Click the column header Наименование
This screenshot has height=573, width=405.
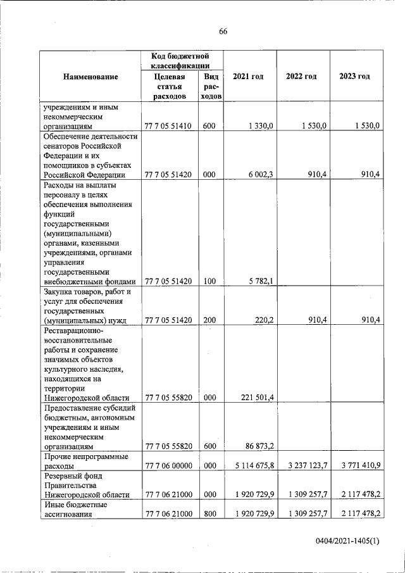click(x=90, y=77)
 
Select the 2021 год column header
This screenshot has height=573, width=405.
click(x=248, y=77)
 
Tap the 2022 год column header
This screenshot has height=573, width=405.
click(x=301, y=77)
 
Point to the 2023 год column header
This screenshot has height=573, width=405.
click(x=354, y=77)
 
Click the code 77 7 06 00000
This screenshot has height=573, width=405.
click(x=168, y=466)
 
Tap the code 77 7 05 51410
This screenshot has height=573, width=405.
click(x=168, y=127)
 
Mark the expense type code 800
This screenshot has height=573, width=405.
click(x=209, y=514)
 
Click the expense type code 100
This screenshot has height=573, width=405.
click(x=209, y=282)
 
